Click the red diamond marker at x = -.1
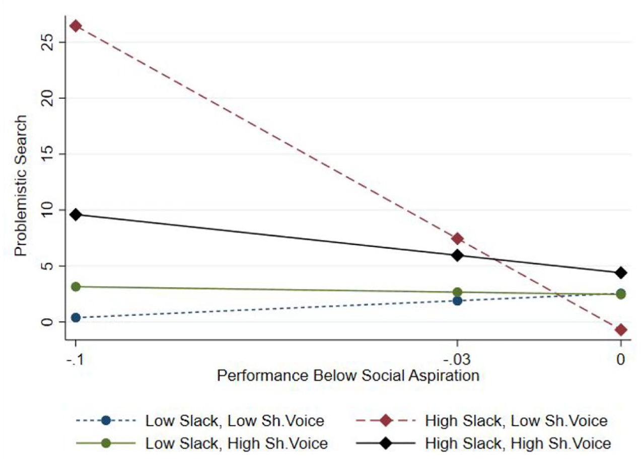pos(76,26)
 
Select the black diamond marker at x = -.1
pos(76,214)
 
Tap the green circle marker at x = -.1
pos(76,286)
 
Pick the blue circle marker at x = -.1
pos(76,318)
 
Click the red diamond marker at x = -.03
pos(457,239)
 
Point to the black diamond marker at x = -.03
pos(457,255)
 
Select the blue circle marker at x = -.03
pos(457,301)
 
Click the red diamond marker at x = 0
pos(621,330)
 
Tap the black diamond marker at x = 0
pos(621,273)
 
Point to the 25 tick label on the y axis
pos(48,42)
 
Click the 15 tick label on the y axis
pos(48,154)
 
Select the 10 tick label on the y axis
pos(48,210)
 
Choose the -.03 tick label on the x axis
pos(457,359)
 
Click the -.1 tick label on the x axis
pos(75,359)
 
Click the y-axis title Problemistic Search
pos(21,186)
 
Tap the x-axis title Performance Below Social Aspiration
pos(348,376)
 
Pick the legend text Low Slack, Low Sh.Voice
pos(235,421)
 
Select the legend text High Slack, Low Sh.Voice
pos(516,421)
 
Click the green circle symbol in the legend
pos(106,443)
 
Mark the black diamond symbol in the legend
pos(386,443)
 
